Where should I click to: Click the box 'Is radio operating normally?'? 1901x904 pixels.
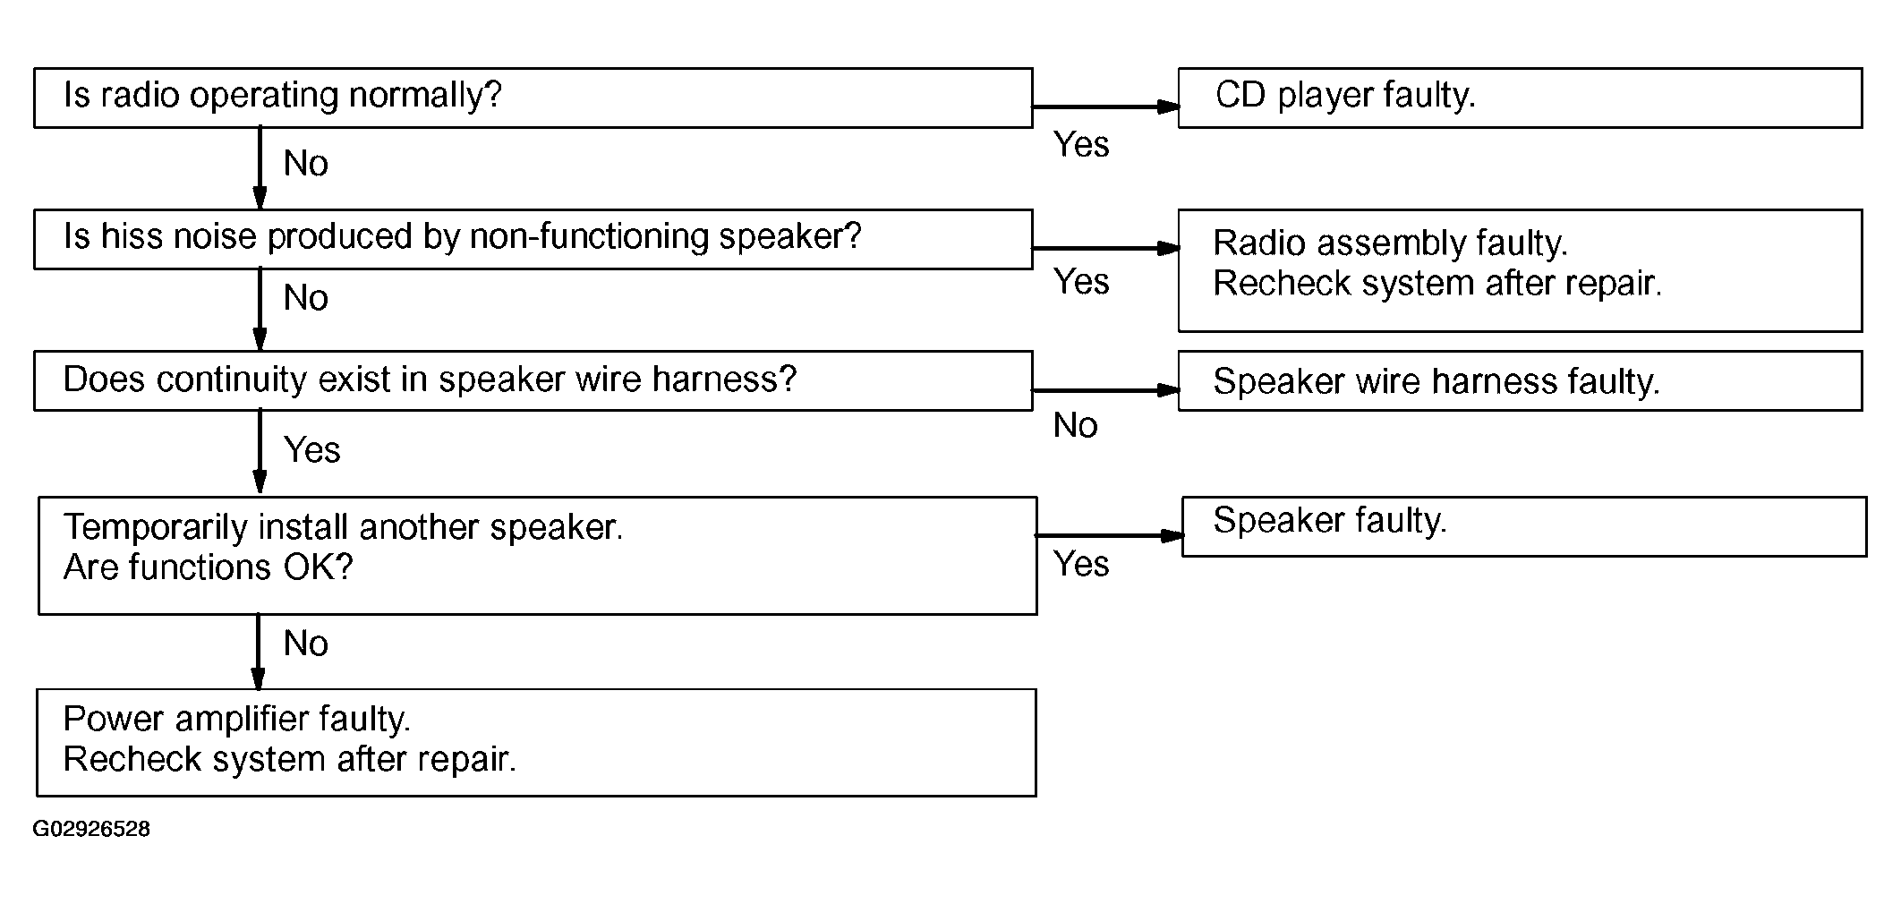coord(533,98)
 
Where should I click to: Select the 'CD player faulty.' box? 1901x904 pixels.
coord(1521,98)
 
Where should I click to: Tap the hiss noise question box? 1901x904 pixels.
coord(533,239)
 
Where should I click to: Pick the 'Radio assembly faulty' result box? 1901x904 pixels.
coord(1521,270)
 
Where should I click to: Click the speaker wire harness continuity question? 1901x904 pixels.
coord(533,380)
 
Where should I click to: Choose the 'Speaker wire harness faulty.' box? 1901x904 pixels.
coord(1521,380)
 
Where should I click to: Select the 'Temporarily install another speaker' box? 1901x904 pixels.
coord(538,556)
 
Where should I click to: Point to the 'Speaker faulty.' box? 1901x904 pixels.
coord(1525,526)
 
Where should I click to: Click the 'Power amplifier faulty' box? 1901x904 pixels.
coord(537,742)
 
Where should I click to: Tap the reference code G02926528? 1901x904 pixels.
coord(91,829)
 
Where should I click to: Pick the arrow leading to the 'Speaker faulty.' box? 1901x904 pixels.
coord(1110,535)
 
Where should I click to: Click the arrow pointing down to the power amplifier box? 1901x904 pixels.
coord(259,652)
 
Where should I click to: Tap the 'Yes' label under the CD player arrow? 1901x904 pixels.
coord(1081,144)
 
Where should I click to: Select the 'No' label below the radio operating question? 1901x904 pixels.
coord(306,164)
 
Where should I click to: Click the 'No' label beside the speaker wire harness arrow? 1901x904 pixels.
coord(1076,426)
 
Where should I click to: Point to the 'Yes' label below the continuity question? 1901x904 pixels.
coord(312,449)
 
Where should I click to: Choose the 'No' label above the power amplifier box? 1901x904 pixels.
coord(306,644)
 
